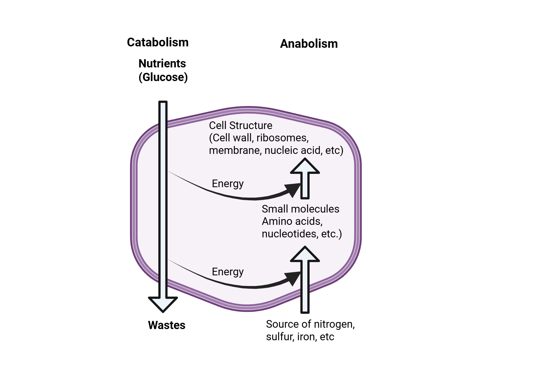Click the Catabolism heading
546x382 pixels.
(158, 43)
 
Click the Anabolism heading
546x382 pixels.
(309, 44)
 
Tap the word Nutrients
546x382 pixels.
(162, 64)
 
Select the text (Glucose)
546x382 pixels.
(163, 77)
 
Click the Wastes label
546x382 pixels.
(167, 325)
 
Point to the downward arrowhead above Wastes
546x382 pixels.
(163, 304)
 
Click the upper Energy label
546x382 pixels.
(227, 184)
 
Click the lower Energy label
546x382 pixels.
(227, 272)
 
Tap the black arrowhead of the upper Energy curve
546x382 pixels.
(293, 190)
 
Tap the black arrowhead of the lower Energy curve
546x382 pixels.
(293, 278)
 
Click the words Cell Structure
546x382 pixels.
(241, 126)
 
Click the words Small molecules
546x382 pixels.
(300, 209)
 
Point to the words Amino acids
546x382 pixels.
(292, 222)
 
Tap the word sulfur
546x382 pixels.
(280, 337)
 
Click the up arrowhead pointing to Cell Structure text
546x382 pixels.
(305, 166)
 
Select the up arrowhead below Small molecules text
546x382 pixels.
(305, 255)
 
